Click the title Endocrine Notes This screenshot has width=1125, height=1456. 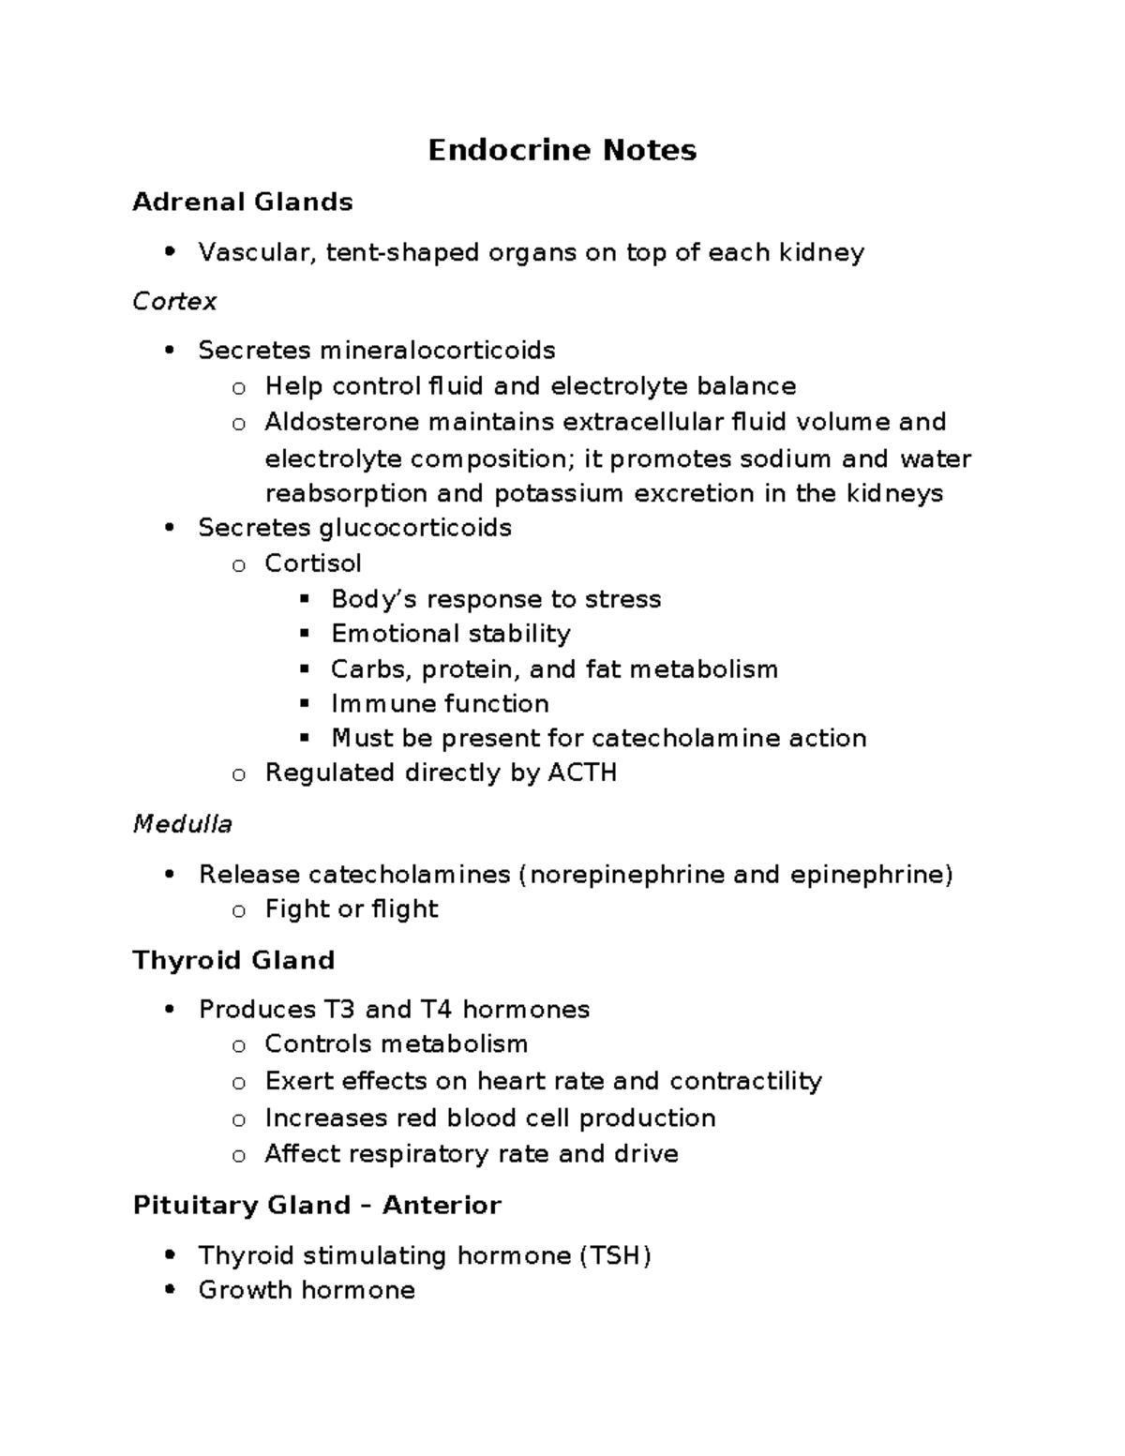[x=562, y=150]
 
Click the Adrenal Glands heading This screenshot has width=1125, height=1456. [x=243, y=202]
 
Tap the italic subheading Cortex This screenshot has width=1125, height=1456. [x=174, y=301]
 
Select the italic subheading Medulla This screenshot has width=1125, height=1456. [x=182, y=824]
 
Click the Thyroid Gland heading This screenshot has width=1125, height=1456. [x=233, y=960]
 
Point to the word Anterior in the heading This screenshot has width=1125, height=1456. [x=442, y=1205]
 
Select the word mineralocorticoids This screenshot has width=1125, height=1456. [x=438, y=351]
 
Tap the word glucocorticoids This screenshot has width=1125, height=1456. [x=416, y=528]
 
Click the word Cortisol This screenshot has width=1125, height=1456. [x=313, y=563]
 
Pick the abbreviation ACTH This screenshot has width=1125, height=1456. [x=582, y=773]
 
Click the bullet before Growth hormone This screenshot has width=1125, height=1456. [x=169, y=1290]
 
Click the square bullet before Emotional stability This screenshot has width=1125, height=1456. [x=304, y=634]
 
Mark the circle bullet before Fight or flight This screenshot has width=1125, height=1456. [x=239, y=910]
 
